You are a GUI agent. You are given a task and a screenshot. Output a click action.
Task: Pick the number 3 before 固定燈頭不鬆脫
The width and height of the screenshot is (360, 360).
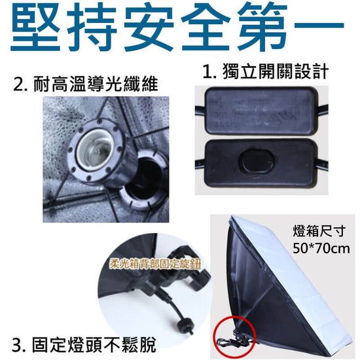coord(18,343)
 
